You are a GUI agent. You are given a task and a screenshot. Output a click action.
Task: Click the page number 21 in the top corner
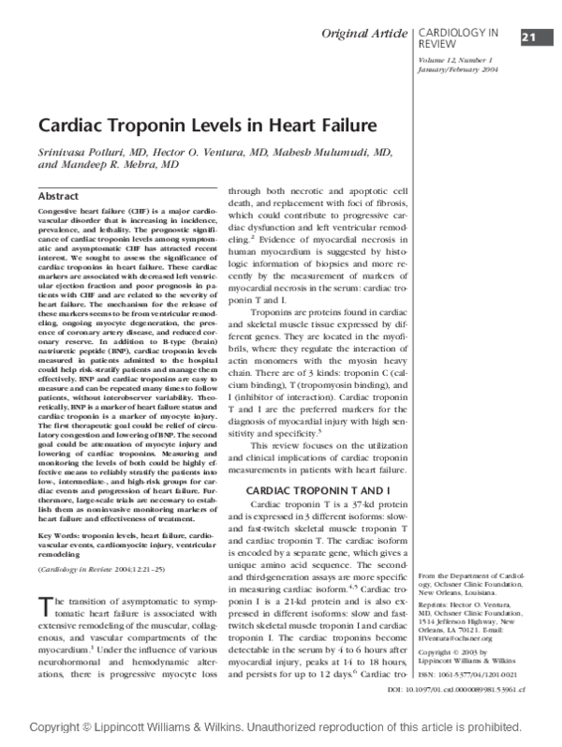527,37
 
